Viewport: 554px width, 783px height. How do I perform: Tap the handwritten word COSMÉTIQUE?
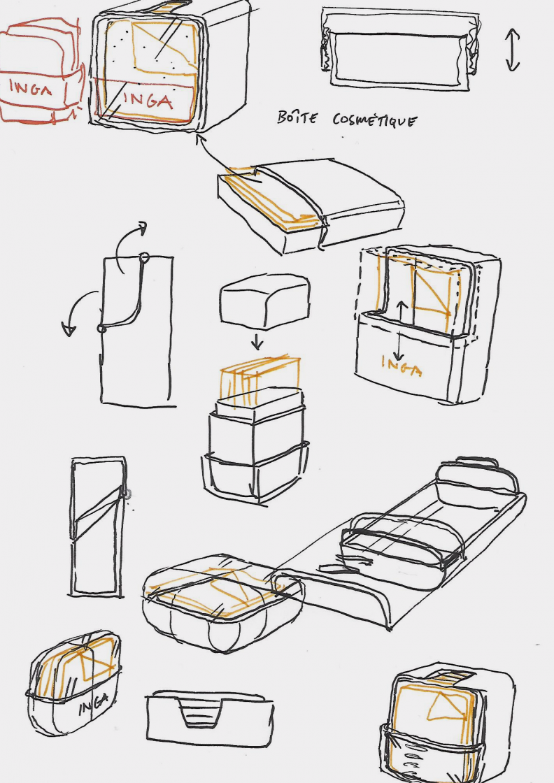coord(374,120)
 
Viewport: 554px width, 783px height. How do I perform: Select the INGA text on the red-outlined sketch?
coord(30,88)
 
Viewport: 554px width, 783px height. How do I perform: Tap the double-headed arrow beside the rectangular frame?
coord(513,50)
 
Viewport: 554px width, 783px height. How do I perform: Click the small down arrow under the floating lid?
coord(257,342)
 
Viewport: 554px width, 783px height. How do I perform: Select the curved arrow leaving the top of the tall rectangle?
coord(129,245)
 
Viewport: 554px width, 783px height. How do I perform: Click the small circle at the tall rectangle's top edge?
coord(144,258)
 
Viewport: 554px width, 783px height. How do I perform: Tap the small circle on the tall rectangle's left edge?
coord(101,329)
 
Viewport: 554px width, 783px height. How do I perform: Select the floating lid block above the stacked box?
coord(264,300)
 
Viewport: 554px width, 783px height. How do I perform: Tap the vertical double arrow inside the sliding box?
coord(399,330)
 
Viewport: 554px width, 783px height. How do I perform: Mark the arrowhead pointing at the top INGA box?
coord(201,138)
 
